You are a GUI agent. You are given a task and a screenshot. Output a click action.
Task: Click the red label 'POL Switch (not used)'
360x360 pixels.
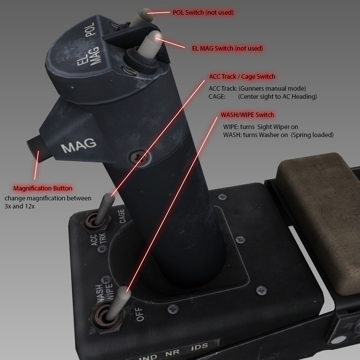point(203,12)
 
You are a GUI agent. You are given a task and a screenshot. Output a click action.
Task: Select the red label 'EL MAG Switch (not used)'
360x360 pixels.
point(228,48)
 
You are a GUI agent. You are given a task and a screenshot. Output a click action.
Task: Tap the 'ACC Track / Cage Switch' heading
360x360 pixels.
point(242,76)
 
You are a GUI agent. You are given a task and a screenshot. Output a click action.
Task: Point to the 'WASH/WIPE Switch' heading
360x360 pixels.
point(247,115)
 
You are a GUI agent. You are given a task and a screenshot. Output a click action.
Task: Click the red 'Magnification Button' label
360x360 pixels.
point(43,188)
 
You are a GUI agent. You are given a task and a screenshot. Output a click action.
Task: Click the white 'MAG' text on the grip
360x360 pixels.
point(79,145)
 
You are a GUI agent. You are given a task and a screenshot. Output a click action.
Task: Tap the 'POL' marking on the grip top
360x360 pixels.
point(90,30)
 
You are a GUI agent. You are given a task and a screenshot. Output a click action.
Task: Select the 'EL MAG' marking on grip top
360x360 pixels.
point(89,56)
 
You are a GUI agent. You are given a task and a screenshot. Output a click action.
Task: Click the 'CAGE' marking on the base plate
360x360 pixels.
point(122,216)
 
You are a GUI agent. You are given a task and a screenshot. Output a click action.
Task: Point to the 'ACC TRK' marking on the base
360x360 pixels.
point(99,240)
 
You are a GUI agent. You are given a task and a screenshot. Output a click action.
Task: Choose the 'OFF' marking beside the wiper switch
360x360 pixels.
point(140,314)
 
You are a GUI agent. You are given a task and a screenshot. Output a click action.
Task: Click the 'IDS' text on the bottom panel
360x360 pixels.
point(199,347)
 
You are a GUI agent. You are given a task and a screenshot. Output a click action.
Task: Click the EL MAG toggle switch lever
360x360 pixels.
point(149,44)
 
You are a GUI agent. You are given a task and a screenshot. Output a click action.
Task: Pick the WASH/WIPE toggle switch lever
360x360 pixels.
point(118,303)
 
